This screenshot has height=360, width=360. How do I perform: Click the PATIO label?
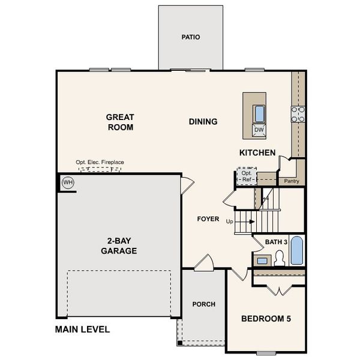[191, 37]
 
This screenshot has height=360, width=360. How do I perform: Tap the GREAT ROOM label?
[120, 122]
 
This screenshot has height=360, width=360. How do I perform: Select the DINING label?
[203, 122]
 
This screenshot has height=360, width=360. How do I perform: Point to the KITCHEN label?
[257, 153]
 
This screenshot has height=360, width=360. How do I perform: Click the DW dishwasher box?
[259, 130]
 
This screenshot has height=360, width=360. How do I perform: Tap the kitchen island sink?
[259, 113]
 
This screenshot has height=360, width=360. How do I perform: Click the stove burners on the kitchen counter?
[298, 114]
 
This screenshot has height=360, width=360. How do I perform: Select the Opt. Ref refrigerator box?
[246, 176]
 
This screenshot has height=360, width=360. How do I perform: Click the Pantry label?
[292, 181]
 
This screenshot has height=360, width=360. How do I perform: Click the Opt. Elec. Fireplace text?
[99, 162]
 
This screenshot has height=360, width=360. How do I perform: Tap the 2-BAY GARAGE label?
[119, 246]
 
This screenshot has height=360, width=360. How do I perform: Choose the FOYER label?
[208, 219]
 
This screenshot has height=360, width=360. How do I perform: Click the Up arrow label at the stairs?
[229, 221]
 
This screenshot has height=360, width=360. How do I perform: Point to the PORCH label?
[203, 304]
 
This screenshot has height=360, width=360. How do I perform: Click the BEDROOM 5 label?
[266, 318]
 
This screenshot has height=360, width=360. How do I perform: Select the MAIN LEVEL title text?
[82, 329]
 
